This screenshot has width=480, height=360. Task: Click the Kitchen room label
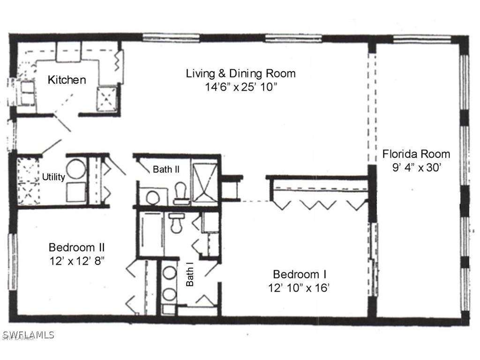[x=67, y=80]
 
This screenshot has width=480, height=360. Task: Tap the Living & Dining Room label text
[x=240, y=73]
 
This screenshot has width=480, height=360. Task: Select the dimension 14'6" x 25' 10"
[x=240, y=87]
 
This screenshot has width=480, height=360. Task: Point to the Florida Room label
[x=416, y=154]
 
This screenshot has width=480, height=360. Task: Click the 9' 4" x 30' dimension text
[x=417, y=167]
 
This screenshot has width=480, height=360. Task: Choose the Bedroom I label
[x=300, y=274]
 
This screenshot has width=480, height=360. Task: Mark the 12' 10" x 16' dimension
[x=300, y=288]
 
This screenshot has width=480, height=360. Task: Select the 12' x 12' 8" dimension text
[x=76, y=261]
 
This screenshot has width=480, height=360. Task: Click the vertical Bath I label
[x=190, y=276]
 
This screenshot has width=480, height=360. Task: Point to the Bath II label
[x=165, y=169]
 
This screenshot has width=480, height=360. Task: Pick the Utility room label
[x=53, y=177]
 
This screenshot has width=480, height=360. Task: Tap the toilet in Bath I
[x=177, y=223]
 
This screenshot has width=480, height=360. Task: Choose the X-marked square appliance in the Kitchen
[x=106, y=97]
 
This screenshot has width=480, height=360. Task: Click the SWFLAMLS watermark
[x=28, y=335]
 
